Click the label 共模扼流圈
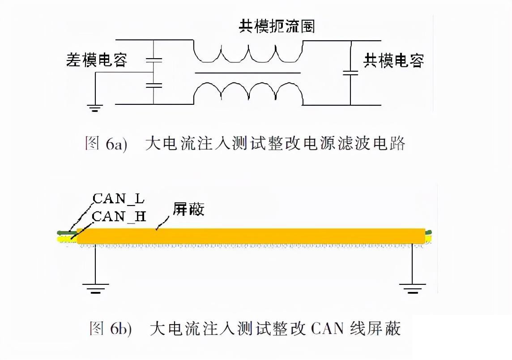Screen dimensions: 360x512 click(x=276, y=26)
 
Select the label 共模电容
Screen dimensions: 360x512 click(x=393, y=60)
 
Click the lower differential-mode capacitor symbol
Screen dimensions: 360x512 click(x=153, y=85)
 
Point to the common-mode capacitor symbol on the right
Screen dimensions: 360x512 click(x=350, y=73)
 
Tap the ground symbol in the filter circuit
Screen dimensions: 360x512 click(x=95, y=107)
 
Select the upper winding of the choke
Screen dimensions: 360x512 click(x=247, y=52)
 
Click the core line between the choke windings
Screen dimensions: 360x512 click(x=247, y=73)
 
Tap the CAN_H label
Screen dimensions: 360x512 click(x=119, y=217)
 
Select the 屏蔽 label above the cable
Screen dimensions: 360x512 click(x=188, y=210)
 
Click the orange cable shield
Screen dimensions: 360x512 click(x=251, y=236)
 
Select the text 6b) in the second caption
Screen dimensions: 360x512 click(x=121, y=329)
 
